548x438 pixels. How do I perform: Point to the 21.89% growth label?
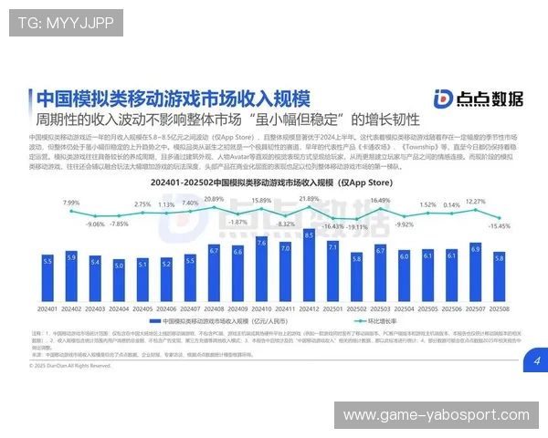(x=309, y=198)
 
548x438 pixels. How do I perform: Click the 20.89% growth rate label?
(x=214, y=199)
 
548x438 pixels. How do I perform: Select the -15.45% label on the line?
(x=500, y=225)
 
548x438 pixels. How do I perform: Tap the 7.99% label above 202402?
(x=71, y=202)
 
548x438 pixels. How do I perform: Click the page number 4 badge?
(x=536, y=361)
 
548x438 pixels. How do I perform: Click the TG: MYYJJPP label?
(x=65, y=23)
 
